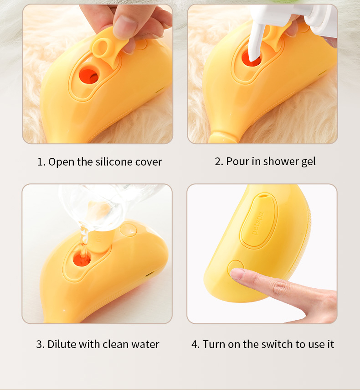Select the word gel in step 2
[x=309, y=161]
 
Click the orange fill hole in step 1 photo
[x=89, y=76]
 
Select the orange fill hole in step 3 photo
[x=82, y=259]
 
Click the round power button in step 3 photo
[x=128, y=230]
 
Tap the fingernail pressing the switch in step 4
[x=237, y=274]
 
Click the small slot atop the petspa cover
[x=262, y=196]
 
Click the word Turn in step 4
[x=214, y=344]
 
